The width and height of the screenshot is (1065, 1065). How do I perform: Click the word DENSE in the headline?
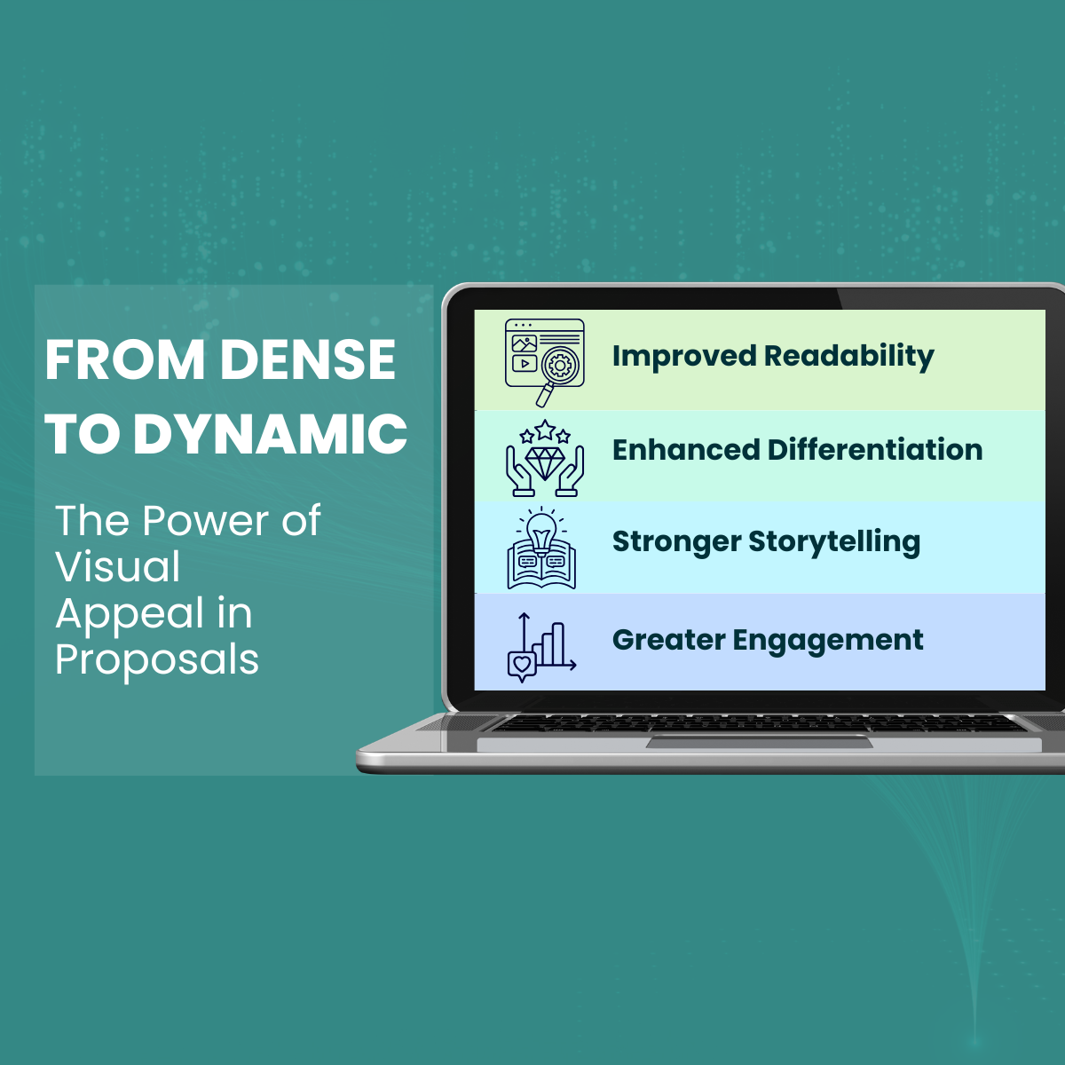[307, 359]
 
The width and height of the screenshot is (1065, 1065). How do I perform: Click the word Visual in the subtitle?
[118, 567]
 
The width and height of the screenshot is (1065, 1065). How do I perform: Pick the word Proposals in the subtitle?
[157, 660]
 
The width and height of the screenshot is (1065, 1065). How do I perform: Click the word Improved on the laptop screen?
[683, 357]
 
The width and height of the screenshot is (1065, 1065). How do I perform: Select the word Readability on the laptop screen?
[848, 357]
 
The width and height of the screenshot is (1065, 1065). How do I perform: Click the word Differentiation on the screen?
[875, 450]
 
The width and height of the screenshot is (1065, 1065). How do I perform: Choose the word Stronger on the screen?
[676, 541]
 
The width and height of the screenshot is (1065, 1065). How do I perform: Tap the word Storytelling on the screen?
[834, 541]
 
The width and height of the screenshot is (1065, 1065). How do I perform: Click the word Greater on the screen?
[668, 640]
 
